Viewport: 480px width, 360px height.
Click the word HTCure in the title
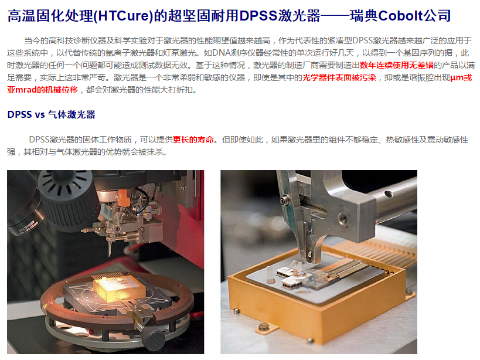(122, 16)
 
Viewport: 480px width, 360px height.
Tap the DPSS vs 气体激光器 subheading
(51, 114)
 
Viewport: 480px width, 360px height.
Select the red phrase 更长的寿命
(193, 140)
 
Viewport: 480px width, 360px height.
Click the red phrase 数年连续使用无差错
(396, 65)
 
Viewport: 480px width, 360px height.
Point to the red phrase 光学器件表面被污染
(339, 77)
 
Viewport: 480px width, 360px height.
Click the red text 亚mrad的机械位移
(43, 90)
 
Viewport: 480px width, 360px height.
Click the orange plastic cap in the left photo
(122, 197)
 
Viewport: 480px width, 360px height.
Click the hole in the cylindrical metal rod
(388, 193)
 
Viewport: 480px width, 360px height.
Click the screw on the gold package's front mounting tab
(263, 327)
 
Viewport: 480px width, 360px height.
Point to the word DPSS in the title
(258, 16)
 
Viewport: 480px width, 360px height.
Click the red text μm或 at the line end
(461, 77)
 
